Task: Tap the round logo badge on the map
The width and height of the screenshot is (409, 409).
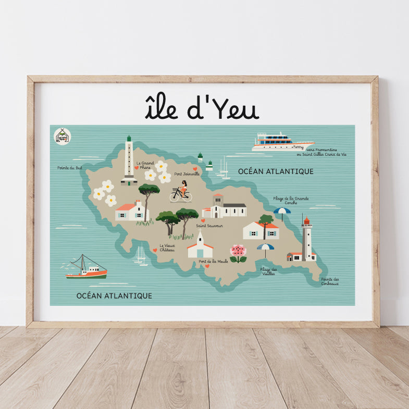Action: [x=62, y=136]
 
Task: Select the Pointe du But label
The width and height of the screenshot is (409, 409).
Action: [x=70, y=168]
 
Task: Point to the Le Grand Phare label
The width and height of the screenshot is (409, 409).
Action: [x=145, y=165]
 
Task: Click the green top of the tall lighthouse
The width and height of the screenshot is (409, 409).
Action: [x=129, y=139]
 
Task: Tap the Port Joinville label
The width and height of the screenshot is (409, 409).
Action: [x=187, y=173]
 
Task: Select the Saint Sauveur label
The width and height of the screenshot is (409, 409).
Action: [x=209, y=226]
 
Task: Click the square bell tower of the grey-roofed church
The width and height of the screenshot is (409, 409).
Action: [x=217, y=204]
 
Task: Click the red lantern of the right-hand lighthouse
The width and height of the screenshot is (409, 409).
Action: [x=306, y=221]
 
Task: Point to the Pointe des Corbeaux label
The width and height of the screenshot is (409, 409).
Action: [x=330, y=281]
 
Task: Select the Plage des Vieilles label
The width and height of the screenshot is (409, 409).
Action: [x=268, y=271]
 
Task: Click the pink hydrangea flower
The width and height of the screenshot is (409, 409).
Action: [x=238, y=251]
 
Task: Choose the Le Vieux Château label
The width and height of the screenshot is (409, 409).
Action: [x=167, y=247]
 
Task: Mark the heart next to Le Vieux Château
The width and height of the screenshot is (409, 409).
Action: [x=155, y=251]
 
